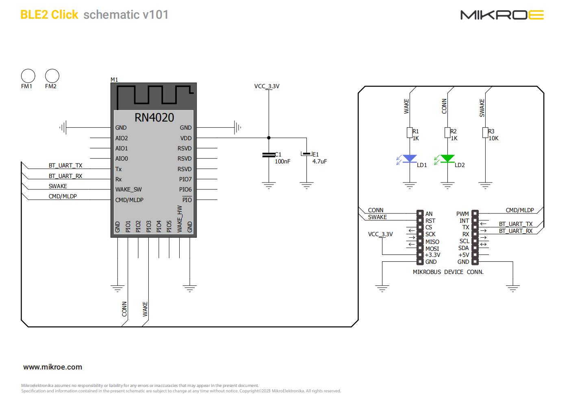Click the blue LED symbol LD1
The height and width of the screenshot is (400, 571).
(410, 158)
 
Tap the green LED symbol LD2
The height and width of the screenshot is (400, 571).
(447, 158)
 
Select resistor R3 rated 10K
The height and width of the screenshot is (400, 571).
(485, 133)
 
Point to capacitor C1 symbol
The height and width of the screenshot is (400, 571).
(269, 155)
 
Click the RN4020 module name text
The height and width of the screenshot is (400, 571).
(154, 117)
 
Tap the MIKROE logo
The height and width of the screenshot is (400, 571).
(502, 15)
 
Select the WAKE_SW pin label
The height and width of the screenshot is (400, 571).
(128, 189)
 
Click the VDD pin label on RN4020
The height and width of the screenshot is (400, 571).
(186, 138)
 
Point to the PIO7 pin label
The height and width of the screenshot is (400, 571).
(185, 179)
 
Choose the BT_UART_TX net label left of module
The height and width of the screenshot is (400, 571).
(65, 165)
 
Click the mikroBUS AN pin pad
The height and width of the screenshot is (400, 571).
(420, 213)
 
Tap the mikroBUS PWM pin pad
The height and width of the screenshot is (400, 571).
(475, 213)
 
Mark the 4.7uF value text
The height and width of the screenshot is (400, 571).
(319, 161)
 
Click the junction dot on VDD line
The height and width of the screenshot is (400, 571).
(269, 138)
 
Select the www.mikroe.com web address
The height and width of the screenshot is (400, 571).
(52, 367)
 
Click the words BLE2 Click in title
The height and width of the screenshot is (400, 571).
(49, 15)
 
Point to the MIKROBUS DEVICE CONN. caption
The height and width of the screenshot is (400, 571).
(448, 272)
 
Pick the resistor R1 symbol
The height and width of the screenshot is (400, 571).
(410, 133)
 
